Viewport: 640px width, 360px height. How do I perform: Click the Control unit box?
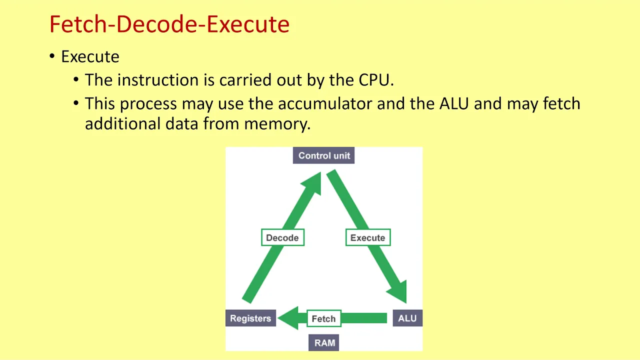pos(323,155)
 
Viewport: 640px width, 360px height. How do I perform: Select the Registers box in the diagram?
pos(250,318)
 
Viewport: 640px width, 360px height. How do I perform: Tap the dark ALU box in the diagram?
pos(407,318)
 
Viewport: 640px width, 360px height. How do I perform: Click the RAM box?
pos(323,342)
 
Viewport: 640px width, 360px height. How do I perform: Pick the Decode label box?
pos(282,237)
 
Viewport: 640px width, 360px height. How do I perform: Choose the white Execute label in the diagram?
pos(368,237)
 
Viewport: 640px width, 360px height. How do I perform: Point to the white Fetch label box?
pos(324,318)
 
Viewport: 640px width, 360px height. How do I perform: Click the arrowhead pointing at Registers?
pos(288,318)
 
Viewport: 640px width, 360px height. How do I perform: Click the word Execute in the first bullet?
pos(90,56)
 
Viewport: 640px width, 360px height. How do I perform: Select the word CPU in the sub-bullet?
pos(374,79)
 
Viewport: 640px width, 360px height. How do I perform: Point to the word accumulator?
pos(325,103)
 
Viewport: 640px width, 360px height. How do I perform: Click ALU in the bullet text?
pos(454,103)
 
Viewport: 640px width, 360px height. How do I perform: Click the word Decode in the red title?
pos(157,24)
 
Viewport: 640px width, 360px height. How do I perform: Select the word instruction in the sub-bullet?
pos(158,79)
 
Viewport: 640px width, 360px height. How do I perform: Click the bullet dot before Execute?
pos(52,55)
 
